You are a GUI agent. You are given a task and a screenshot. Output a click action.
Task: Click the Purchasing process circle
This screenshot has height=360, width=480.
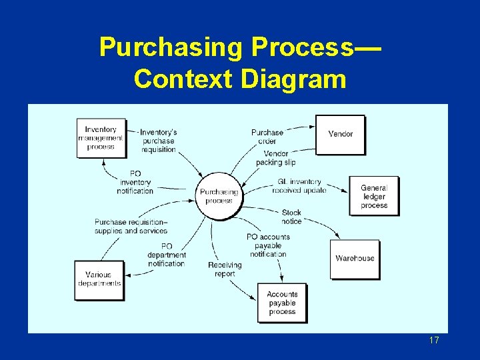(219, 196)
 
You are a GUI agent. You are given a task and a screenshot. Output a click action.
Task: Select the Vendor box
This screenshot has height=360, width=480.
(340, 134)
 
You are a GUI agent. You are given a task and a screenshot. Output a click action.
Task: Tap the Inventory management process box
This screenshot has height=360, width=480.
(101, 138)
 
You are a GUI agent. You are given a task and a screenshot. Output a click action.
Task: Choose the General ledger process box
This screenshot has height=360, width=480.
(374, 196)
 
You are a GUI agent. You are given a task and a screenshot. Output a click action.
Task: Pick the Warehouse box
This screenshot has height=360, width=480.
(355, 259)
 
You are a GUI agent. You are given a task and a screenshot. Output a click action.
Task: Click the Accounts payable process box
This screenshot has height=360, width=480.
(282, 303)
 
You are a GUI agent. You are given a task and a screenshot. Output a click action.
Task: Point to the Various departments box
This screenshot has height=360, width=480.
(99, 279)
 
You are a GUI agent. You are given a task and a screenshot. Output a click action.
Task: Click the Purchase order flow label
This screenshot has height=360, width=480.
(267, 137)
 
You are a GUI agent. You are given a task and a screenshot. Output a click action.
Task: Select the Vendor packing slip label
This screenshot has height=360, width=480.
(275, 158)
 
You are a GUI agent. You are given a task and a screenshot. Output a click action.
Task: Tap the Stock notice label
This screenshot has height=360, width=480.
(291, 217)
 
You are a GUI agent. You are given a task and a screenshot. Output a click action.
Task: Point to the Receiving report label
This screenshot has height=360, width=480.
(225, 269)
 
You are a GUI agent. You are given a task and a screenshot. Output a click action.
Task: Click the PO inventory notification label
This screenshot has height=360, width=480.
(135, 182)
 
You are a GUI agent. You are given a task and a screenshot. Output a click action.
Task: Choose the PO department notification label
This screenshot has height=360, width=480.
(166, 255)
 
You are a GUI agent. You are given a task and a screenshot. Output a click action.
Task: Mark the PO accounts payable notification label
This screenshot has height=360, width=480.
(268, 245)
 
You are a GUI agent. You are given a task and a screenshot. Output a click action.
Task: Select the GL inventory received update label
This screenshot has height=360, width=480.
(299, 185)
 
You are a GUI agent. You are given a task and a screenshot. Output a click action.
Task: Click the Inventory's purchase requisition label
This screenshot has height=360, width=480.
(159, 141)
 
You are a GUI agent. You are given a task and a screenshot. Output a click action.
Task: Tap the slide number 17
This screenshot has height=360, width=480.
(434, 341)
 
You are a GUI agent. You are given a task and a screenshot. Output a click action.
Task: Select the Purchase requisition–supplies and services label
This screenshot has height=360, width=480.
(131, 226)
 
